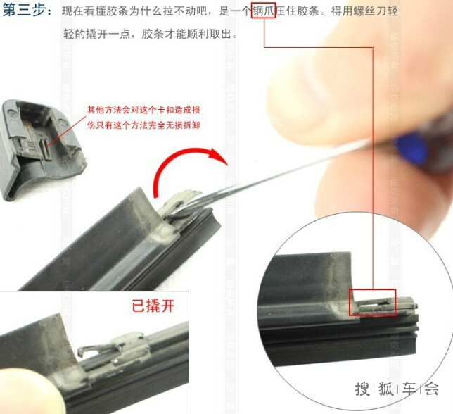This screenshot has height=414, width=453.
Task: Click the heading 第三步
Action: (x=25, y=11)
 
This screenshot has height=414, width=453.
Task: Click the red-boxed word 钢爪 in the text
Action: (x=263, y=11)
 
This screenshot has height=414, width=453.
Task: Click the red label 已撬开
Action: (x=153, y=306)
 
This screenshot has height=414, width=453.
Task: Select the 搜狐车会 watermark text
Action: (x=397, y=388)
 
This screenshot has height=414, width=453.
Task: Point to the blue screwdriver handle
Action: (x=411, y=147)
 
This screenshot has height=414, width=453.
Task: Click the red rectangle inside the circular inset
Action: (x=372, y=303)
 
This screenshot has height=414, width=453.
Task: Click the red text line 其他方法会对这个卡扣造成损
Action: (x=143, y=110)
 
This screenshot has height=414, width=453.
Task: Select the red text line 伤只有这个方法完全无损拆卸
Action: (x=143, y=125)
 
